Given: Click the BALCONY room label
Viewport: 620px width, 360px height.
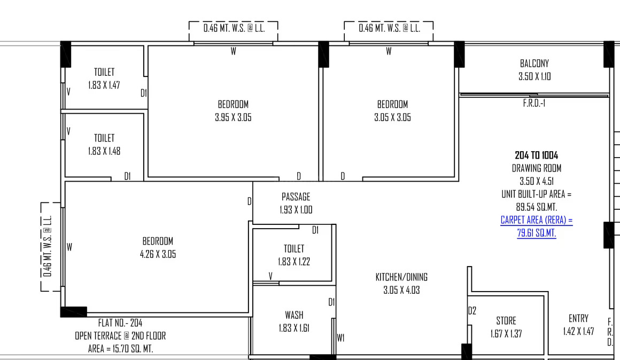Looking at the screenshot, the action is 534,63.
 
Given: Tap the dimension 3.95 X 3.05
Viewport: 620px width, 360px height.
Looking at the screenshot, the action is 233,118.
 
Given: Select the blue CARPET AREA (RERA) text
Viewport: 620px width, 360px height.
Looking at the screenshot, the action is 537,220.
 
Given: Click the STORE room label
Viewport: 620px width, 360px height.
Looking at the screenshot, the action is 506,320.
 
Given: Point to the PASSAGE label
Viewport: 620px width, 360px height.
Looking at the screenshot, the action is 296,197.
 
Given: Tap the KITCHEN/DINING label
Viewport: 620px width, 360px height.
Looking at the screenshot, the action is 401,277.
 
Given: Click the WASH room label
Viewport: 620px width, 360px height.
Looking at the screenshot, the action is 294,315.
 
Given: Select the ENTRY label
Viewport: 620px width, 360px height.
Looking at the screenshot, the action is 578,318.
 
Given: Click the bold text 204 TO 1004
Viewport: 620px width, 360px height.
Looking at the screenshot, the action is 537,155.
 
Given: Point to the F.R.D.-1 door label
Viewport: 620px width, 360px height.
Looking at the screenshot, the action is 534,103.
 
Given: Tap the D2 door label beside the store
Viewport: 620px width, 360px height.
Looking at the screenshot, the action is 472,311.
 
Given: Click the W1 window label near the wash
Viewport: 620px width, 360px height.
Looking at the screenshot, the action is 340,338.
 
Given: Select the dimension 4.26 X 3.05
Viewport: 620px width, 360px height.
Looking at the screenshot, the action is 158,254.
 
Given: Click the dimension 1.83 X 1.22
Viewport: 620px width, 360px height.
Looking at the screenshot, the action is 294,262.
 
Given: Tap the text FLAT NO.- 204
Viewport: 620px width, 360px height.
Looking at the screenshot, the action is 120,323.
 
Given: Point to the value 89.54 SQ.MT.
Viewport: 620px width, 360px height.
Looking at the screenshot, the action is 537,207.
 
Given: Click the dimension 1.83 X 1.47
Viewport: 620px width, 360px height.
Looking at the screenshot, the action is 104,85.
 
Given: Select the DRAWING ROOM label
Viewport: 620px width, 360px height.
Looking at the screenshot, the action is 537,168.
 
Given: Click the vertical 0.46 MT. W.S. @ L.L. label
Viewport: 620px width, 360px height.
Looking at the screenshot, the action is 48,246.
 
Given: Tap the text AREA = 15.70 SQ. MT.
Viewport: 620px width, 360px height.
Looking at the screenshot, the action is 120,349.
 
